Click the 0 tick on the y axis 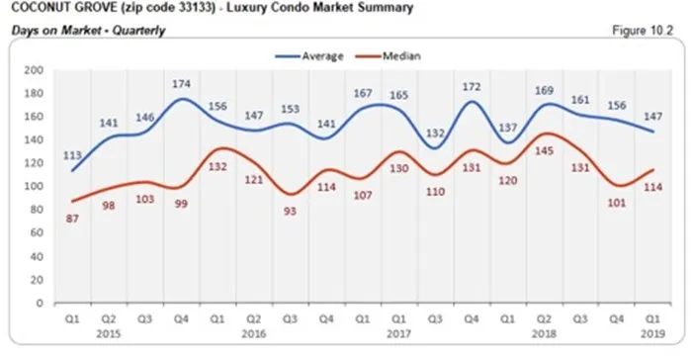[x=40, y=303]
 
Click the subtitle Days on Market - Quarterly [x=88, y=31]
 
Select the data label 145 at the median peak [x=545, y=150]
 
